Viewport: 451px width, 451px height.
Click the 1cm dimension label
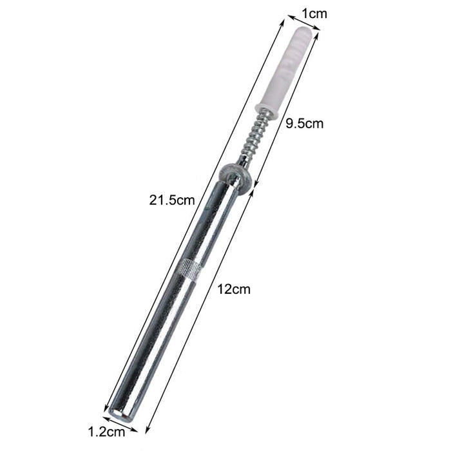[314, 14]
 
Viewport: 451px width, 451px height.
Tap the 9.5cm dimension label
[304, 124]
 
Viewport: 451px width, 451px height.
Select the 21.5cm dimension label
[172, 200]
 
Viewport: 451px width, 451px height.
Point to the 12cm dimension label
[233, 289]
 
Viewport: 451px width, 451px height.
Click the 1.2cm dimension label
[106, 432]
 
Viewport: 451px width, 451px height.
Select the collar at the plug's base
[267, 111]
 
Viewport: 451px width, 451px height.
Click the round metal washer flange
[236, 175]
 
